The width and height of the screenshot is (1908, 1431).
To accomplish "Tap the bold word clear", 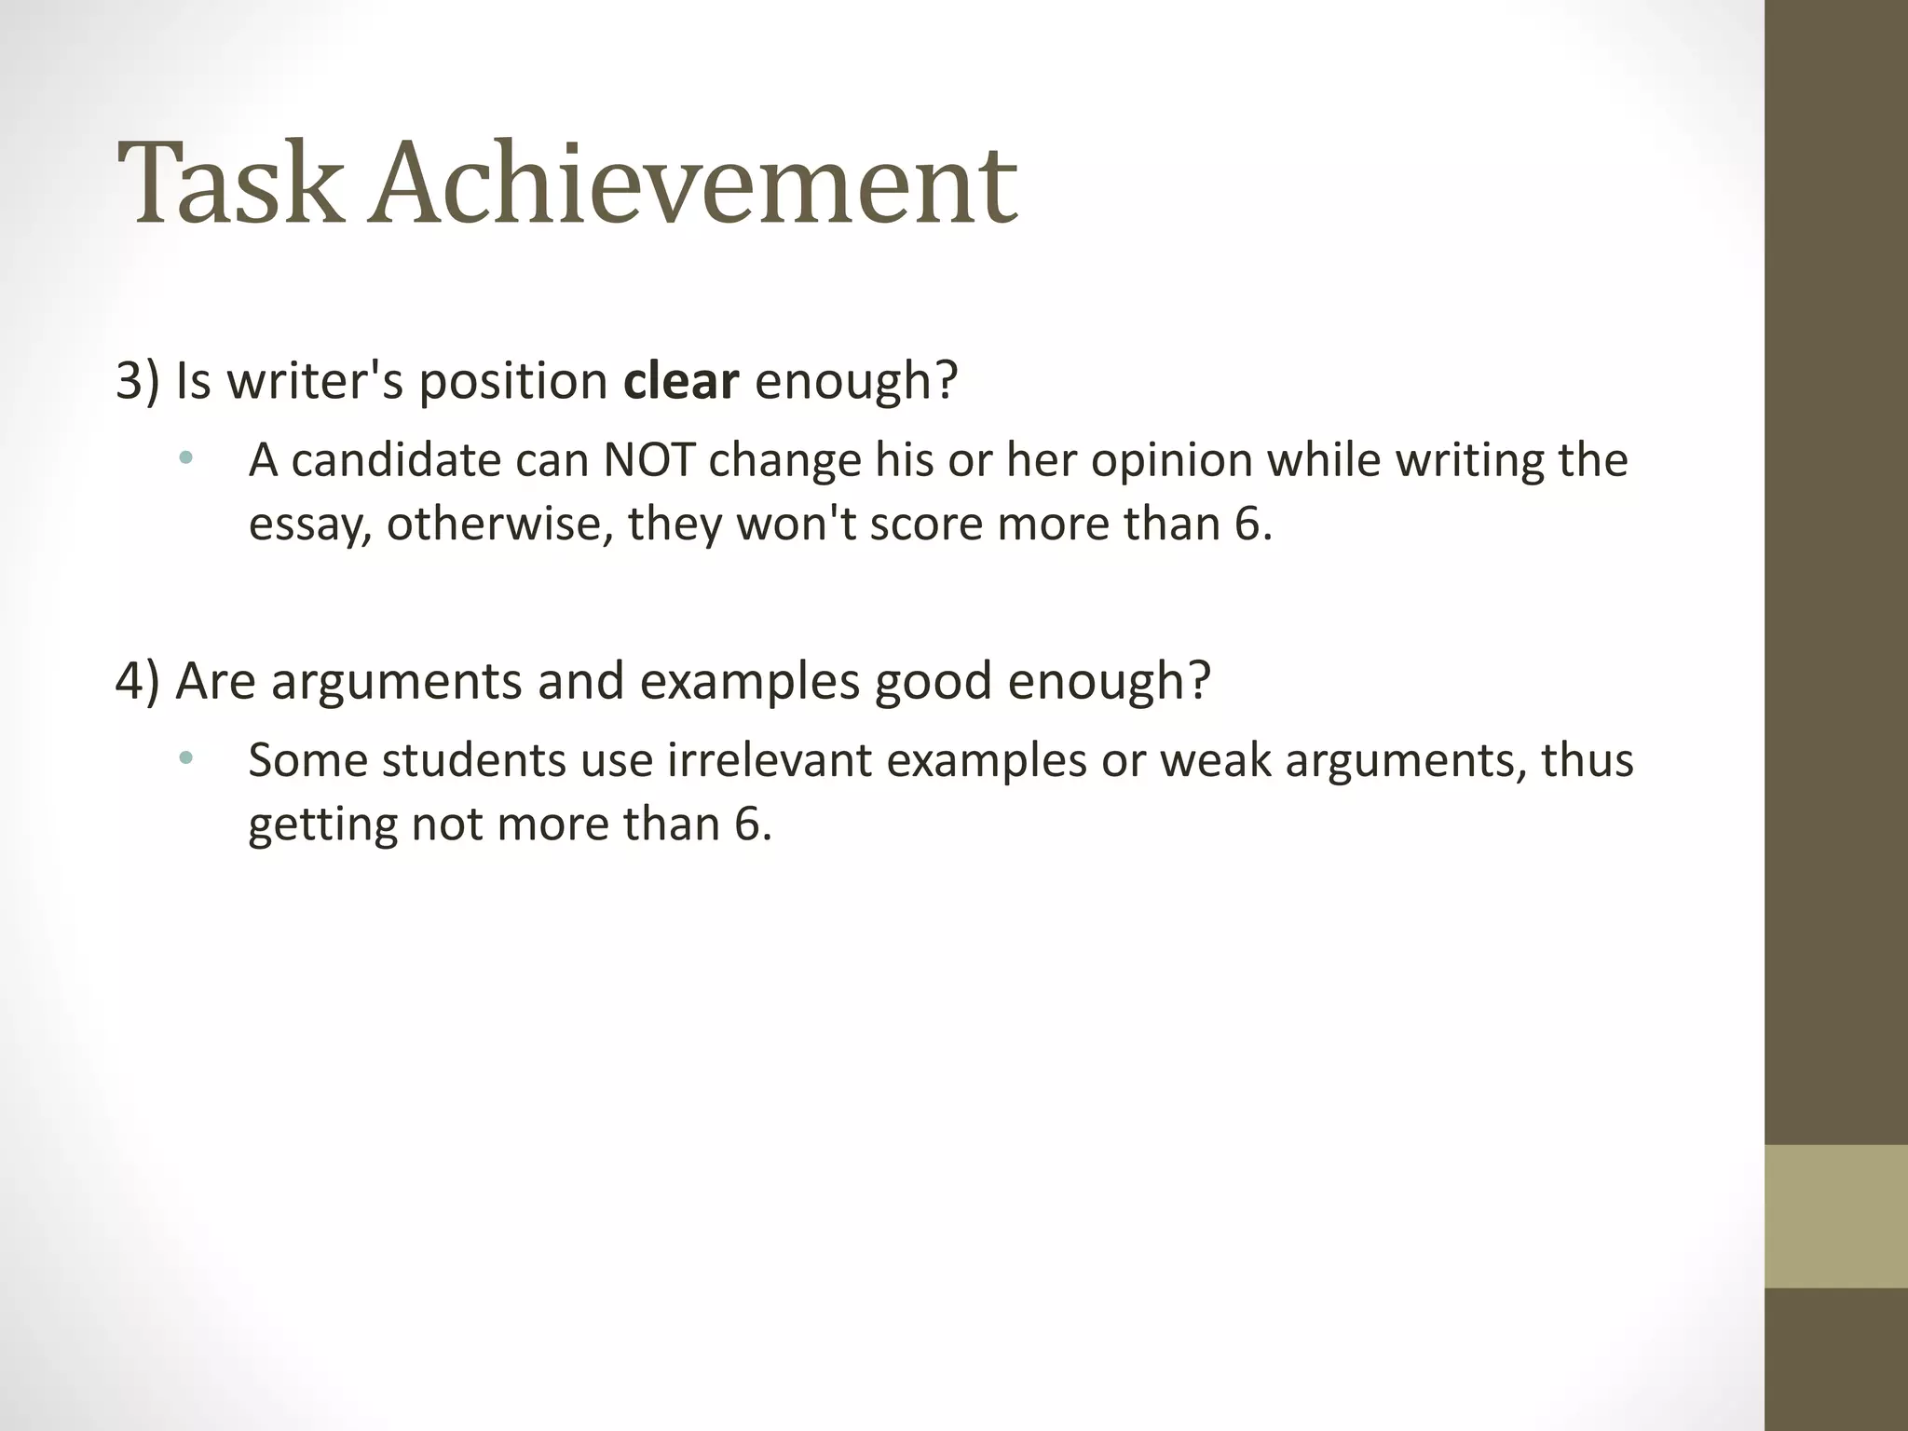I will (681, 381).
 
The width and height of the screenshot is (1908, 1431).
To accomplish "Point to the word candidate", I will (396, 460).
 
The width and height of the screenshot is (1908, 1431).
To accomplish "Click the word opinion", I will (1171, 460).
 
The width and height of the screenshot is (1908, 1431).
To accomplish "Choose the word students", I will (473, 760).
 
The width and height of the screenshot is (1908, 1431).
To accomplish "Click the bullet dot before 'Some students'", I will (186, 758).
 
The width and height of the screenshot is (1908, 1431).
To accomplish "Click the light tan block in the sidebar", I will (1836, 1216).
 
